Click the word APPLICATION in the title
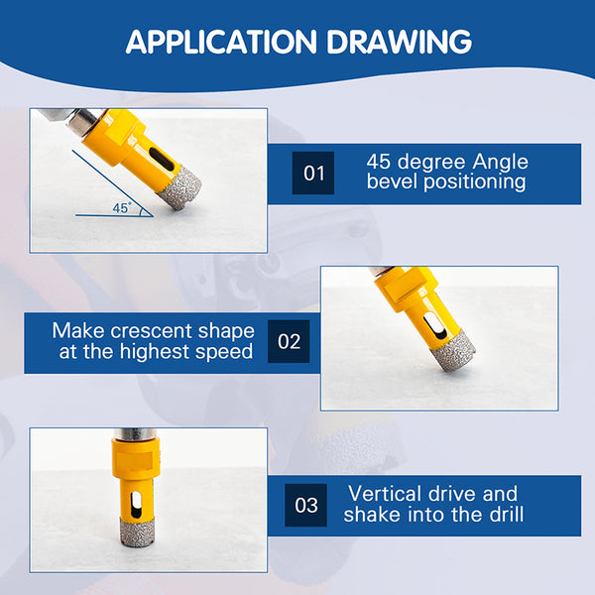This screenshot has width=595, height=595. coord(221,42)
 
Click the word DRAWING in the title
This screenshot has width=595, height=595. coord(399,42)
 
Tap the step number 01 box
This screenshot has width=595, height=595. coord(313,173)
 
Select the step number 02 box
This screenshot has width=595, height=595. coord(289,341)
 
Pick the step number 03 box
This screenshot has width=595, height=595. coord(305,505)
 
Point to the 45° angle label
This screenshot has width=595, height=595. coord(121,208)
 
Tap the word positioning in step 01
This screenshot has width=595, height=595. coord(474,182)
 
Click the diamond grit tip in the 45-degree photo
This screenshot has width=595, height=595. coord(179,186)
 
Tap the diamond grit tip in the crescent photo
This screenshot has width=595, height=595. coord(455,351)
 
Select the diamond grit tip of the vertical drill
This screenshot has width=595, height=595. coord(137,532)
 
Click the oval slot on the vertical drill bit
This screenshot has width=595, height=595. coord(136,505)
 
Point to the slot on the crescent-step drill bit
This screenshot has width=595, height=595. coord(435,325)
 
